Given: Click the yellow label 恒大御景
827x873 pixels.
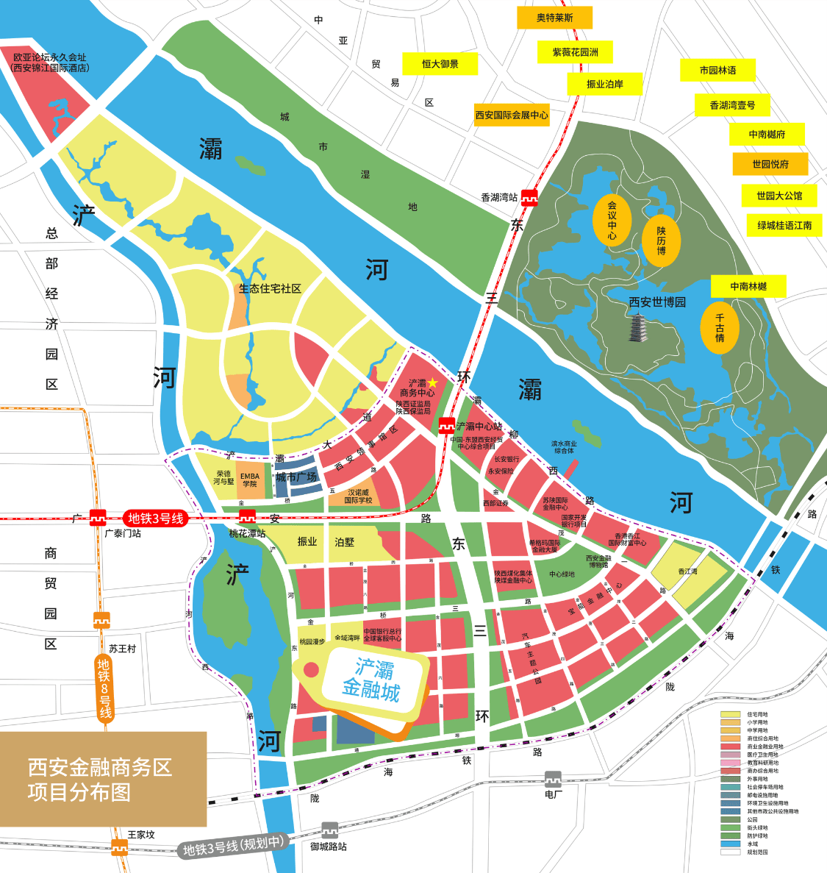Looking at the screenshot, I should point(440,64).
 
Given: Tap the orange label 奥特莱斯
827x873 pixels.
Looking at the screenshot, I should point(554,18).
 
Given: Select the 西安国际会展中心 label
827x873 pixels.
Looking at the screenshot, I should point(512,115).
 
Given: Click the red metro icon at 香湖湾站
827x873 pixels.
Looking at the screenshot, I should point(529,197).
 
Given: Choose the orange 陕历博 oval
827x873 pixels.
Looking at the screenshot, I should point(661,240).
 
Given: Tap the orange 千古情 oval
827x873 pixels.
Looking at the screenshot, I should point(720,328).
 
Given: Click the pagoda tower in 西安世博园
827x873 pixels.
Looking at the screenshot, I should point(637,327).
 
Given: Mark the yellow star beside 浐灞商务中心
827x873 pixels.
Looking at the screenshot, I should point(433,382).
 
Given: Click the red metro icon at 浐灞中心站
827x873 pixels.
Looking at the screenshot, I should point(445,426).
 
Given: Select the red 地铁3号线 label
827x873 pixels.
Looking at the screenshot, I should point(155,519).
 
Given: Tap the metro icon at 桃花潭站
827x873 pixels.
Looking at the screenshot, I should point(247,518).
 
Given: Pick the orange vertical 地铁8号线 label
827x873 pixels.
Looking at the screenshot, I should point(104,688).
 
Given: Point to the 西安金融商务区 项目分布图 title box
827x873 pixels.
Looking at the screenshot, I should point(103,779).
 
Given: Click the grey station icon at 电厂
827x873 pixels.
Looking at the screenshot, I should point(553,779).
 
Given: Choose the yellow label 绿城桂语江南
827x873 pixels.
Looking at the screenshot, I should point(784,226).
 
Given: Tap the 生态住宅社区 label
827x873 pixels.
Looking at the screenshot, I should point(270,289).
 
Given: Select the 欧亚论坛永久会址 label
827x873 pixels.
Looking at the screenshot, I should point(50,62).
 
